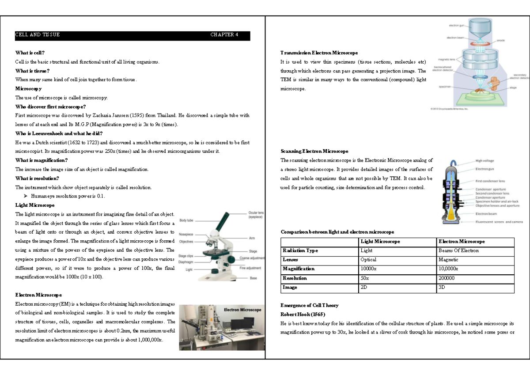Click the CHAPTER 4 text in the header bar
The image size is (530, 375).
click(x=224, y=35)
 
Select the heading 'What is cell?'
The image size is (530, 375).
click(x=30, y=53)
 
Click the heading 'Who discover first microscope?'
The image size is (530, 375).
click(x=50, y=106)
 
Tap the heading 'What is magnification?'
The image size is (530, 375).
click(x=42, y=160)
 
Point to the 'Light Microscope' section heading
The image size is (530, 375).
click(x=35, y=205)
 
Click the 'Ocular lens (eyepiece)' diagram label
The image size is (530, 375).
click(x=256, y=215)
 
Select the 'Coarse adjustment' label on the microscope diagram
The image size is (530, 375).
click(x=252, y=258)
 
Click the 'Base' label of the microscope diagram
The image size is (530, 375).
click(x=253, y=278)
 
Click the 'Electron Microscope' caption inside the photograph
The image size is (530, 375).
click(x=242, y=310)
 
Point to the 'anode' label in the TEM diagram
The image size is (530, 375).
click(x=500, y=40)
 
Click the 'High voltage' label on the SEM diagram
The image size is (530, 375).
click(x=485, y=161)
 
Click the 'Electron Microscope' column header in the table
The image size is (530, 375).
click(x=461, y=242)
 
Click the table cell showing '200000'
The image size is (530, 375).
click(x=447, y=278)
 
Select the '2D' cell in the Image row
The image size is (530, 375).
click(x=364, y=288)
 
